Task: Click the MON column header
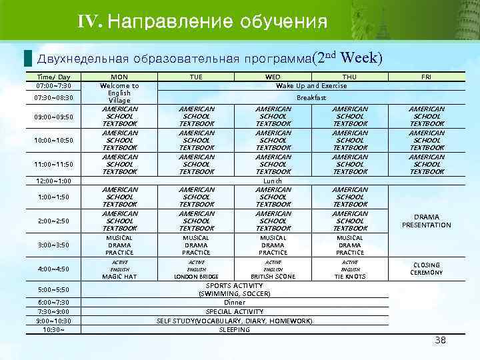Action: point(119,77)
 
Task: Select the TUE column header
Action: point(196,77)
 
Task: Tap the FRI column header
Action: point(427,77)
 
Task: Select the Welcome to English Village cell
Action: point(119,93)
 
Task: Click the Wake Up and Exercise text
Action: point(311,86)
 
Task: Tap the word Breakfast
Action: point(311,97)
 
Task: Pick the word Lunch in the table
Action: point(273,181)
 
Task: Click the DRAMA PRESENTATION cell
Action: point(427,221)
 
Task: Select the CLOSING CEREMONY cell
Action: point(427,269)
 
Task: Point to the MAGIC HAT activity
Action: point(119,276)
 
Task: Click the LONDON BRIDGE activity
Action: point(196,276)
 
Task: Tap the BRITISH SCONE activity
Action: point(273,276)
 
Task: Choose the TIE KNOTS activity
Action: point(350,276)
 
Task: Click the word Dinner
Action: point(235,302)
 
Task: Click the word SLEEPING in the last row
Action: point(235,329)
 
